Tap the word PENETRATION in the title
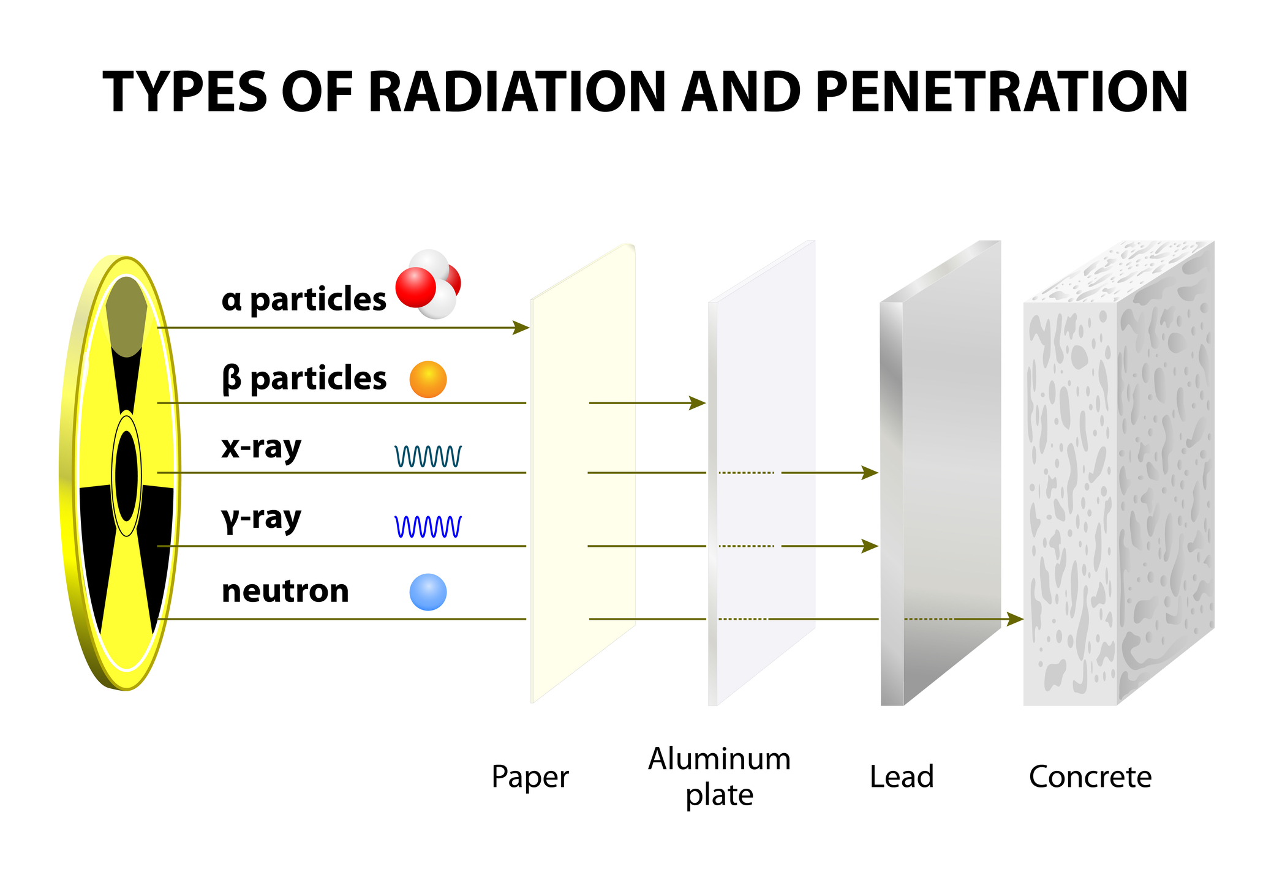click(1002, 92)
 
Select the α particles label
click(304, 299)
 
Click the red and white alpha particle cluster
click(428, 284)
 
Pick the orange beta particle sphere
click(428, 379)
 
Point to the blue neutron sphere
click(428, 592)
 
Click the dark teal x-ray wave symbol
click(428, 456)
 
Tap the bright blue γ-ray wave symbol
click(428, 527)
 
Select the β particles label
click(304, 379)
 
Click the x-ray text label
click(262, 448)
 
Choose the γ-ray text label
click(262, 519)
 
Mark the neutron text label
click(285, 592)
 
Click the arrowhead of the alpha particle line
click(522, 328)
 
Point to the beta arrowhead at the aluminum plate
click(698, 403)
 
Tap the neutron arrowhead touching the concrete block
click(1016, 619)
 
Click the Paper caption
click(530, 778)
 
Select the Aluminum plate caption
click(720, 776)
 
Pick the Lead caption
click(902, 776)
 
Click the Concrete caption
click(1090, 776)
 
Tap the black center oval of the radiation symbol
click(127, 476)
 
